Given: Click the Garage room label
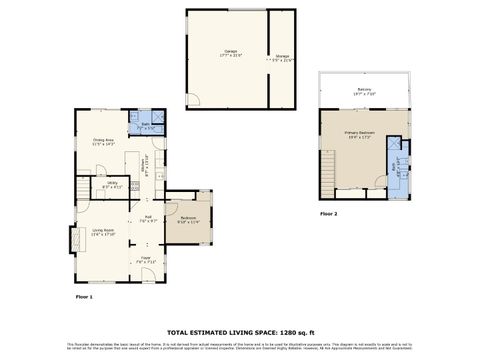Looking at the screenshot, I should (x=229, y=53).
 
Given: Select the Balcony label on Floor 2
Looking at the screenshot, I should (x=364, y=91).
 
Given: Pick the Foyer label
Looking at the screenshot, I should (x=146, y=260).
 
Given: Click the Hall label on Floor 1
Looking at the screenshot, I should (x=147, y=218).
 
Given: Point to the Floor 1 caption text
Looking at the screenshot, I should (x=84, y=297).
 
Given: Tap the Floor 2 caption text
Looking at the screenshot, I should (x=328, y=214).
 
